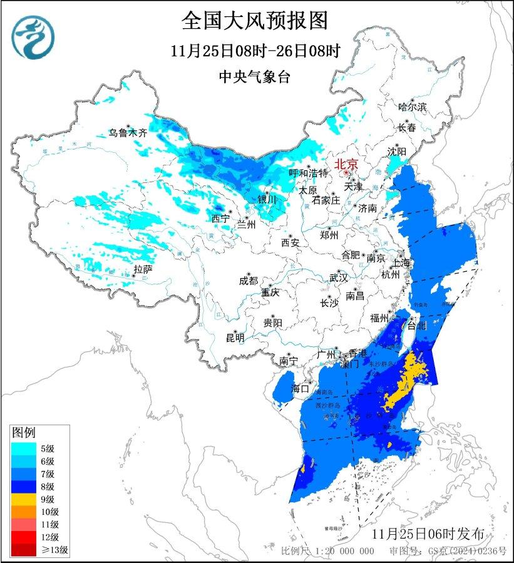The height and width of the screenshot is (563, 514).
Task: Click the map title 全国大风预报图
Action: pos(255,21)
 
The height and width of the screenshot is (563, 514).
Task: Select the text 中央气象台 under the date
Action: pos(255,76)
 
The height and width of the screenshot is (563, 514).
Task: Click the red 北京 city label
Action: pos(346,164)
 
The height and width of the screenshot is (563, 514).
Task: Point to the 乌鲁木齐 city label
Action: pos(128,133)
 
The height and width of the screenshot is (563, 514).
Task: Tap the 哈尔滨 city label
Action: pos(412,107)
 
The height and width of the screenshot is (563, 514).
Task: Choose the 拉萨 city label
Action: pos(143,269)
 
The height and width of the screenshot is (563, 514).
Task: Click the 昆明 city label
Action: pos(235,338)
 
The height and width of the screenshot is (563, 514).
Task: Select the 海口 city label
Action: pos(301,388)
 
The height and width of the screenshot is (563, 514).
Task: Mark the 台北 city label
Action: pos(416,326)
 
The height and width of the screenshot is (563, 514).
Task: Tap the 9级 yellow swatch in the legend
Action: pos(23,499)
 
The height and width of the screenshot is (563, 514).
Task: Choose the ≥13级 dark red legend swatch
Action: pos(23,550)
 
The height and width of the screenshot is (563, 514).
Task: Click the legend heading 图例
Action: pos(24,432)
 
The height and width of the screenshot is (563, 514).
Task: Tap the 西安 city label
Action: pos(291,242)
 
